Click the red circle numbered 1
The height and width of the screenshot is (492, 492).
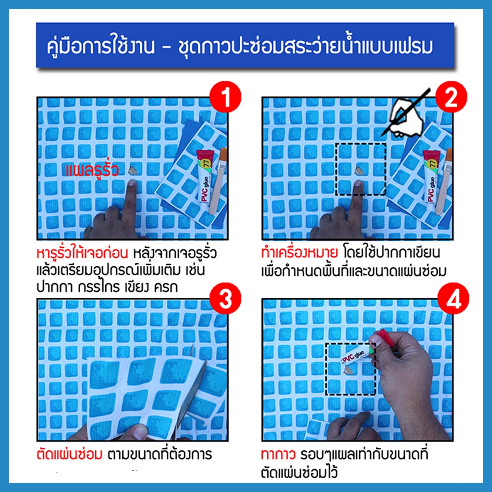tap(225, 97)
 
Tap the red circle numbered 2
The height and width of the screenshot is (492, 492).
tap(451, 97)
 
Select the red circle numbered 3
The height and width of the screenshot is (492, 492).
tap(225, 298)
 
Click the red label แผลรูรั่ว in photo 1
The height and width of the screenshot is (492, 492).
tap(92, 170)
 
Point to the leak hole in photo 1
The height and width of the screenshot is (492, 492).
tap(133, 171)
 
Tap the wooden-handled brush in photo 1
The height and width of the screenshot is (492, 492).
tap(218, 181)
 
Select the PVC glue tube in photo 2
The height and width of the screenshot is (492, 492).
tap(431, 176)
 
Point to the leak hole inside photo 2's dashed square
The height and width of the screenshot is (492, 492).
tap(359, 171)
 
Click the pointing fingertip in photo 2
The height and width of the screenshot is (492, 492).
tap(357, 184)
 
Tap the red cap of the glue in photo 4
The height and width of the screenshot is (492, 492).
tap(386, 337)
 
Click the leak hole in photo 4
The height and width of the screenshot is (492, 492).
tap(348, 371)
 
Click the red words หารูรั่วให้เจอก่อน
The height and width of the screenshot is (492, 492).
tap(83, 253)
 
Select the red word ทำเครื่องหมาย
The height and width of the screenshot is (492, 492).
tap(299, 253)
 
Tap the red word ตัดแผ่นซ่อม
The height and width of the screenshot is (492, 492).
tap(69, 454)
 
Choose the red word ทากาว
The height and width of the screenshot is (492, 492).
tap(278, 455)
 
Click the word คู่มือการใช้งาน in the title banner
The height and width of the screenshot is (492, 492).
tap(101, 47)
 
